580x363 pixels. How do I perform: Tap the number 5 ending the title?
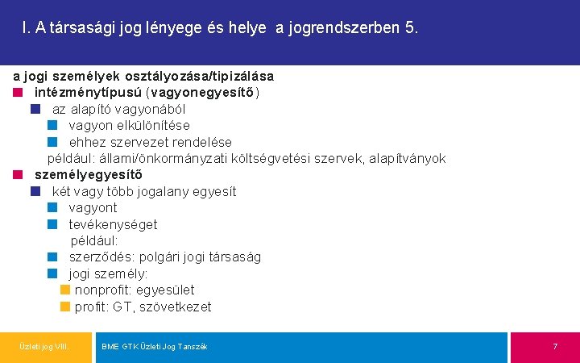[412, 29]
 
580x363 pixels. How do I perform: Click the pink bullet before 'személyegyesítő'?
[18, 175]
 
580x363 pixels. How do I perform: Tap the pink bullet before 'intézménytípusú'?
[18, 92]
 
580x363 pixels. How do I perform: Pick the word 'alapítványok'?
[407, 158]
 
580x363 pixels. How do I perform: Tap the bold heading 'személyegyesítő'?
[89, 175]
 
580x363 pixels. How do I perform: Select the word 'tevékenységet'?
[113, 224]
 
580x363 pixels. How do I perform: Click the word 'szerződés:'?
[101, 257]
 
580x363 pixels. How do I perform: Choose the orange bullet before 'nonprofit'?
[65, 290]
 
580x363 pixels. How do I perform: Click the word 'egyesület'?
[165, 290]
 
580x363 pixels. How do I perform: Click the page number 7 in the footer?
[555, 346]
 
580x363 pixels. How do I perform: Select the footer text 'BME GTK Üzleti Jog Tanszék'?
[155, 346]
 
